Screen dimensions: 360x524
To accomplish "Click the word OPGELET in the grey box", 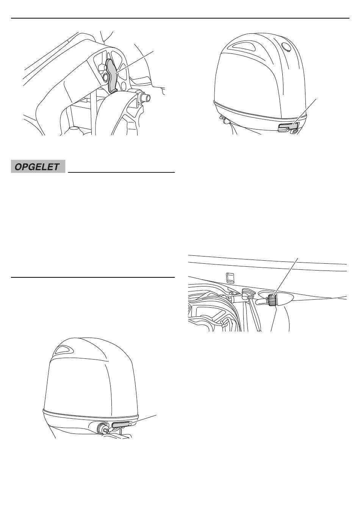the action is (x=37, y=167).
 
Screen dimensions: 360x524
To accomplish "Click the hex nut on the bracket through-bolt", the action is (x=141, y=95).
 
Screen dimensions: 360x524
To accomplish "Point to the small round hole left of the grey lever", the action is (x=105, y=75).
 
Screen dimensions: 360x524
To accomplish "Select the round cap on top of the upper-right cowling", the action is (x=286, y=46).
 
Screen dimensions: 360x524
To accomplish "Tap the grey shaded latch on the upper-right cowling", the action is (x=288, y=127).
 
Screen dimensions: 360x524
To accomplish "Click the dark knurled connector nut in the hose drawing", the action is (x=271, y=300).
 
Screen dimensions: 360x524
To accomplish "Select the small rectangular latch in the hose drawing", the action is (x=230, y=278).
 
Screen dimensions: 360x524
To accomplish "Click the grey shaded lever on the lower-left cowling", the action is (x=121, y=425).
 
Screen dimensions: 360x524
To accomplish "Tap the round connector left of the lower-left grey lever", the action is (x=102, y=428).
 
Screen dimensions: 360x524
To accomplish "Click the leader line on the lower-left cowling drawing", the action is (x=143, y=419).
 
